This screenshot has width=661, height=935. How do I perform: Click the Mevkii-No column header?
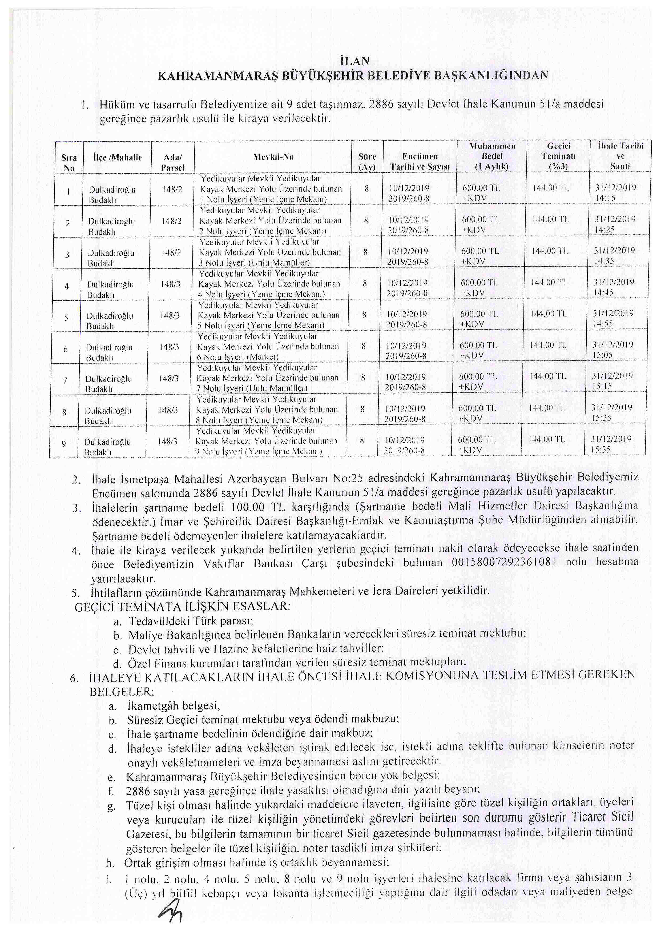(x=273, y=157)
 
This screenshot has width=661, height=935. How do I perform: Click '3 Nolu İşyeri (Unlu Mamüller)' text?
(x=254, y=263)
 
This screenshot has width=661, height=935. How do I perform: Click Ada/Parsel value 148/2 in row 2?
(x=172, y=221)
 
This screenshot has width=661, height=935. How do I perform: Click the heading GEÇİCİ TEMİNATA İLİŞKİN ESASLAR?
(x=182, y=606)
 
